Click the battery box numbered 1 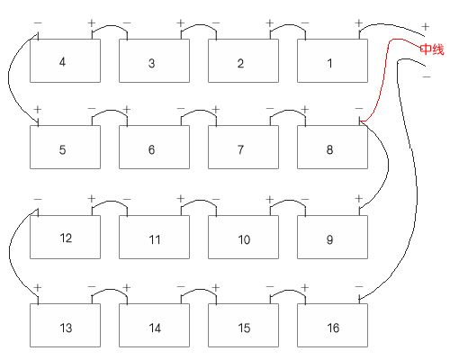pos(332,60)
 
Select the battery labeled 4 pos(65,60)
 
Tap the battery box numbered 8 pos(332,147)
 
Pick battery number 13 pos(65,325)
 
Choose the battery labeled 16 pos(332,325)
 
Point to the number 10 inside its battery pos(244,239)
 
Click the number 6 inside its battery pos(151,149)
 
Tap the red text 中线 pos(432,49)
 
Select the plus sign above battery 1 pos(359,23)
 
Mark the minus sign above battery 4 pos(38,23)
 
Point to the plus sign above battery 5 pos(38,110)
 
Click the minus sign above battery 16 pos(359,287)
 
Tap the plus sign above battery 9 pos(359,199)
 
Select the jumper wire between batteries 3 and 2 pos(199,25)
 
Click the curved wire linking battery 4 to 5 pos(9,78)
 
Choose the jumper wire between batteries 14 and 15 pos(199,290)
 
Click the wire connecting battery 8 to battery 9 pos(388,164)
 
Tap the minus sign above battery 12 pos(38,199)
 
